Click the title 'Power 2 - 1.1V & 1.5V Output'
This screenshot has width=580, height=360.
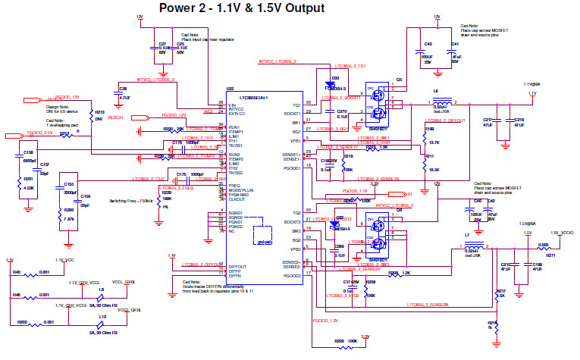click(241, 8)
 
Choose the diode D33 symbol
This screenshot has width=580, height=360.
click(334, 86)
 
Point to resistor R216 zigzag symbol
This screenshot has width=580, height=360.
click(496, 324)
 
